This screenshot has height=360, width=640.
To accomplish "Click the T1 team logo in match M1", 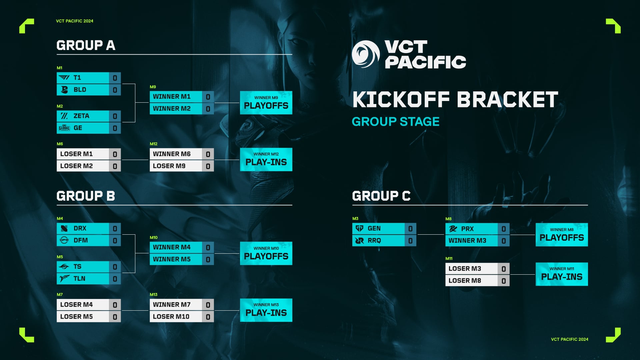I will pos(64,78).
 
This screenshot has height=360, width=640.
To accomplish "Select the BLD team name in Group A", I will pos(80,90).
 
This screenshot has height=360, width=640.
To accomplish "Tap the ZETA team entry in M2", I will pos(83,116).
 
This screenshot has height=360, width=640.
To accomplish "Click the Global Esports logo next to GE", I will pos(64,128).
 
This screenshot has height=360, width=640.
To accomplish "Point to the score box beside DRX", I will pos(115,229).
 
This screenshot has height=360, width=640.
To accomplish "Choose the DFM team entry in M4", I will pos(83,240).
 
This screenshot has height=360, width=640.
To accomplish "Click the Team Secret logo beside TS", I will pos(64,267).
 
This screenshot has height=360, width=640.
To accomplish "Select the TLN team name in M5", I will pos(79,279).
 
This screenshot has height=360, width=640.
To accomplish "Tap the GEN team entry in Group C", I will pos(378,229).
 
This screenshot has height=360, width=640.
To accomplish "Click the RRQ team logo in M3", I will pos(359,241).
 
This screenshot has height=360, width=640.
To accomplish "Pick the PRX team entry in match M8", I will pos(471,229).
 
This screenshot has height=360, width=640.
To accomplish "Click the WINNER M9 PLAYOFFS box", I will pos(266,103).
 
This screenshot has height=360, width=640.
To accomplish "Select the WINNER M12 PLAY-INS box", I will pos(266,159).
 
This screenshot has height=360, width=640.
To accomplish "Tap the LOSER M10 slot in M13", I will pos(176,317).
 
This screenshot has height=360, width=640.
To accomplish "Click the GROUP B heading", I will pos(86,196).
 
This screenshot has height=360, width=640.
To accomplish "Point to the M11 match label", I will pos(449,259).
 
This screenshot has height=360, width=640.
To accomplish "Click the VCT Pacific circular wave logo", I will pos(366,54).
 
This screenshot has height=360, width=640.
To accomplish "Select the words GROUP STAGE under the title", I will pos(395,122).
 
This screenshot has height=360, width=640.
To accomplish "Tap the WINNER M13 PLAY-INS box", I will pos(266,310).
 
